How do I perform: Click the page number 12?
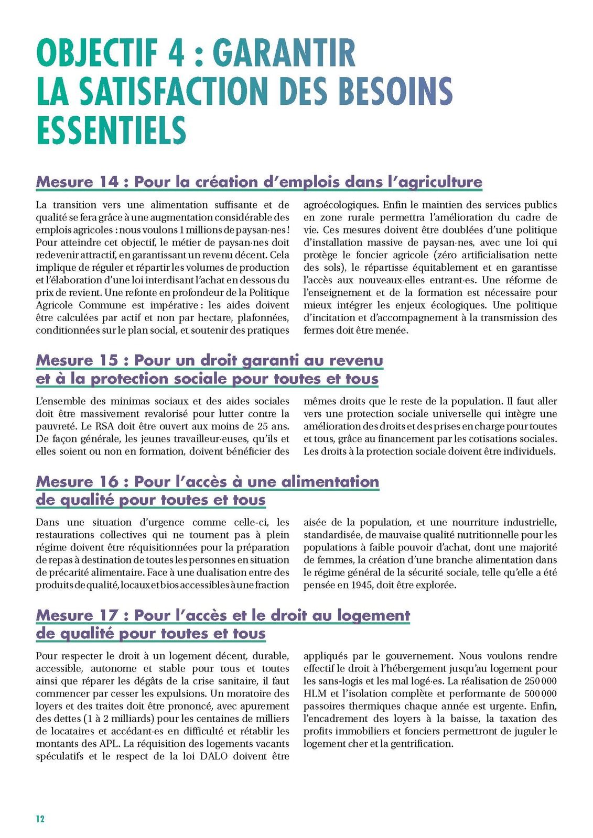tap(40, 819)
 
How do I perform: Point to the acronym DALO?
tap(213, 756)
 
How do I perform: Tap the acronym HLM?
tap(315, 693)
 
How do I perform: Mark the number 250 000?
tap(540, 681)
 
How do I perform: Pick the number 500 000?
tap(540, 693)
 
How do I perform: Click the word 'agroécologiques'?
tap(341, 205)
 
